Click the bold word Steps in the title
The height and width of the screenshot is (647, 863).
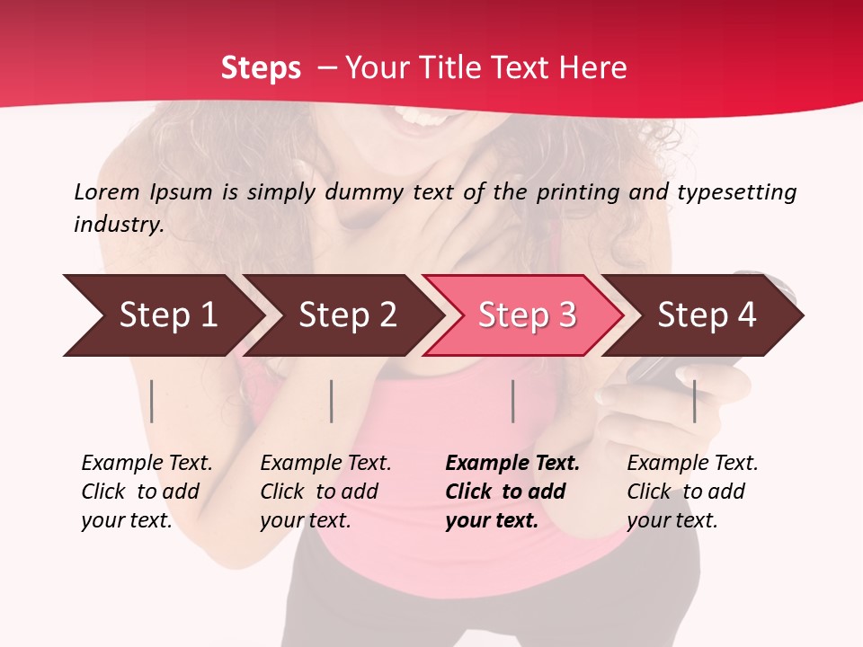pos(261,68)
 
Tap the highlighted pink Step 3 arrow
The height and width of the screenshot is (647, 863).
pos(526,315)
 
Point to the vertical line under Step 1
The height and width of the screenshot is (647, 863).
pos(152,401)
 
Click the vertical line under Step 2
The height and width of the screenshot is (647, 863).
pos(332,401)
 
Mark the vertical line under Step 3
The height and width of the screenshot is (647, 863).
pos(513,401)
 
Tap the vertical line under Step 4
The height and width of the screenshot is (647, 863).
pos(695,401)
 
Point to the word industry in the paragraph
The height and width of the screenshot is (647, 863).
pos(118,225)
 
